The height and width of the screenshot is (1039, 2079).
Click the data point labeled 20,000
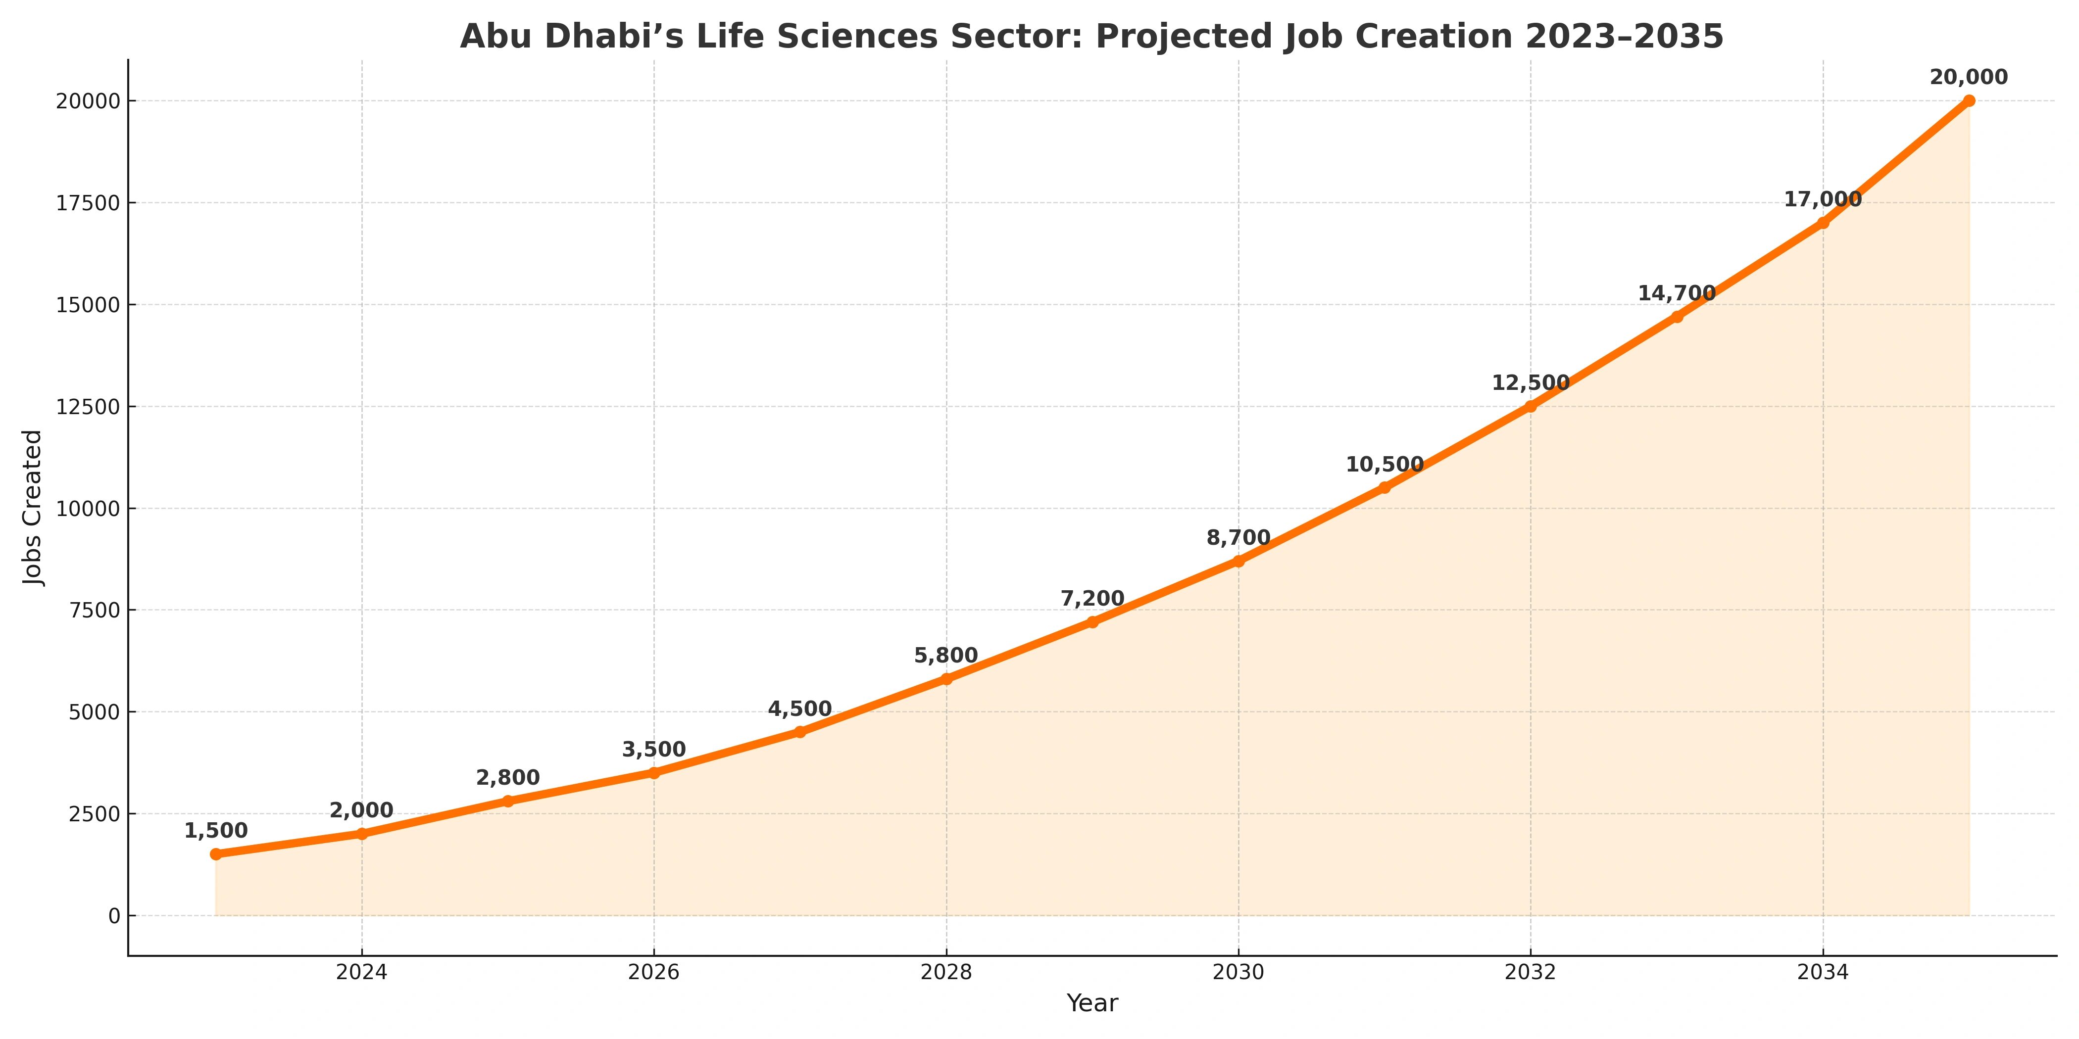tap(1969, 101)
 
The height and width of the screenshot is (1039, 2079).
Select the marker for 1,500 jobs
tap(215, 854)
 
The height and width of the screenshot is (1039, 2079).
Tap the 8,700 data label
tap(1238, 538)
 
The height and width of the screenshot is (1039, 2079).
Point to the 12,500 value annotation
tap(1530, 383)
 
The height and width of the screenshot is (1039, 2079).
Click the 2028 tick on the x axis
tap(946, 972)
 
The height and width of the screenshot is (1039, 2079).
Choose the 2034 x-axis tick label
tap(1823, 972)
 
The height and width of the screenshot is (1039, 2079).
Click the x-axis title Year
tap(1092, 1003)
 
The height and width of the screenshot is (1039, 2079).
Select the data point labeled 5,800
tap(946, 679)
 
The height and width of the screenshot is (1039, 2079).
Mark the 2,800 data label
tap(508, 778)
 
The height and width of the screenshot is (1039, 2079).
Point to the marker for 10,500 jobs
tap(1384, 487)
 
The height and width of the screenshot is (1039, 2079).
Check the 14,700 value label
tap(1676, 293)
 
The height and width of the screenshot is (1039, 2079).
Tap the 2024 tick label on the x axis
tap(361, 972)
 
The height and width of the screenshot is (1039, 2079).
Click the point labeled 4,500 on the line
tap(800, 732)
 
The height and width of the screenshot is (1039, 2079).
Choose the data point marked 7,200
tap(1092, 622)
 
